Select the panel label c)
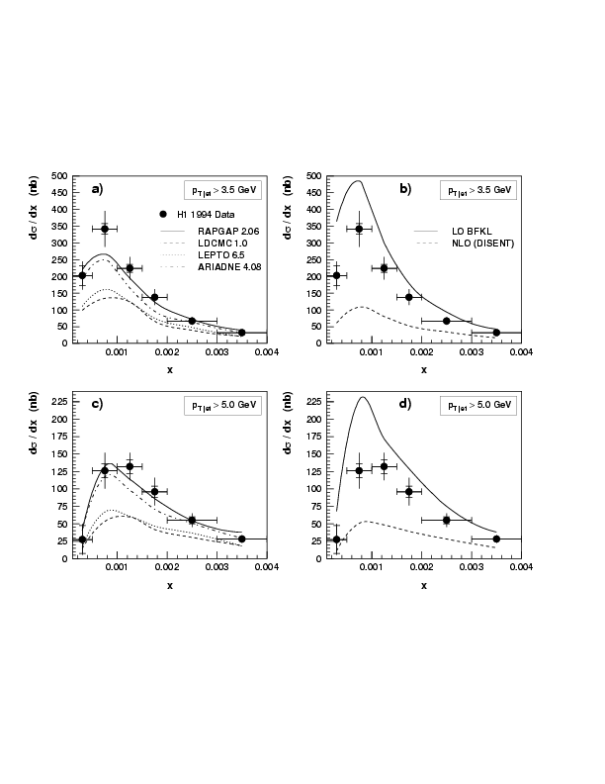click(x=97, y=406)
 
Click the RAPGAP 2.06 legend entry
click(x=221, y=230)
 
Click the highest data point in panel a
click(x=105, y=229)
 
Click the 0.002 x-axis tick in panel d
click(x=421, y=568)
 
